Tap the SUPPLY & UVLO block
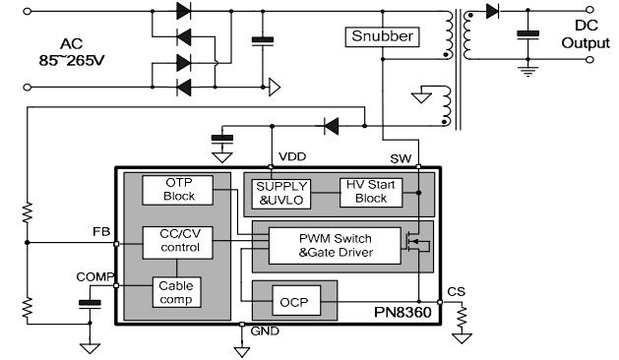[281, 192]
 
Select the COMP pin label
[95, 276]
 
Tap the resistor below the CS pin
[460, 318]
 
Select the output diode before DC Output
[492, 12]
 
